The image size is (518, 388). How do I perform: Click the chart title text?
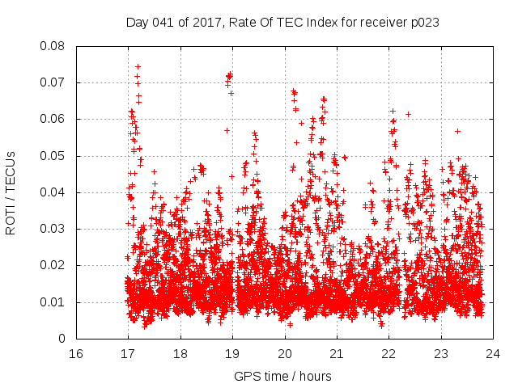click(282, 23)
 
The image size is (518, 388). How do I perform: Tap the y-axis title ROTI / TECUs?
click(11, 192)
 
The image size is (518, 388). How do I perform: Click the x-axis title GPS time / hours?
click(282, 376)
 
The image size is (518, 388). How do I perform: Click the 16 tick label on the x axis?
click(75, 353)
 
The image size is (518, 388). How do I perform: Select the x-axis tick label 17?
click(128, 353)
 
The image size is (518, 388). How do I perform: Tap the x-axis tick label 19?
click(232, 353)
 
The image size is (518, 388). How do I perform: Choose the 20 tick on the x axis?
click(285, 353)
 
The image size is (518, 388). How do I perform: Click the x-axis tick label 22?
click(389, 353)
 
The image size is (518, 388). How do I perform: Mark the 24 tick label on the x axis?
click(494, 353)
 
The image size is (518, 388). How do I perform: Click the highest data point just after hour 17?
click(138, 66)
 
